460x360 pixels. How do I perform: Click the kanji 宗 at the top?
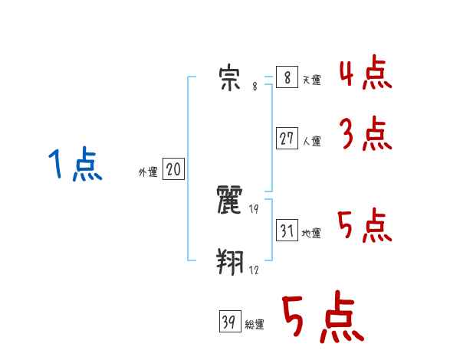pos(230,77)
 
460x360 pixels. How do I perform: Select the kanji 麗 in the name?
pos(230,201)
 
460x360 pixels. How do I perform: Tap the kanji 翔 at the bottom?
pos(230,263)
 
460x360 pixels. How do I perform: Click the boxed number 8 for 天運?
pos(286,78)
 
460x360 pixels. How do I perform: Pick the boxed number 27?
pos(287,139)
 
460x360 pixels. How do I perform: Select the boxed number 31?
pos(287,231)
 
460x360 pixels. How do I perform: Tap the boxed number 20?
pos(173,170)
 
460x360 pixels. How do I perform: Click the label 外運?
pos(147,172)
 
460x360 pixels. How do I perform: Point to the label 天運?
pos(311,80)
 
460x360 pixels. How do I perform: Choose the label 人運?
pos(311,141)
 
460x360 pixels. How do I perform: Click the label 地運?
pos(311,233)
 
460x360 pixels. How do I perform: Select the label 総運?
pos(255,324)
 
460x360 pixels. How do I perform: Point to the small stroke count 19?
pos(254,209)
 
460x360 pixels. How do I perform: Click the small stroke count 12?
pos(254,270)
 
